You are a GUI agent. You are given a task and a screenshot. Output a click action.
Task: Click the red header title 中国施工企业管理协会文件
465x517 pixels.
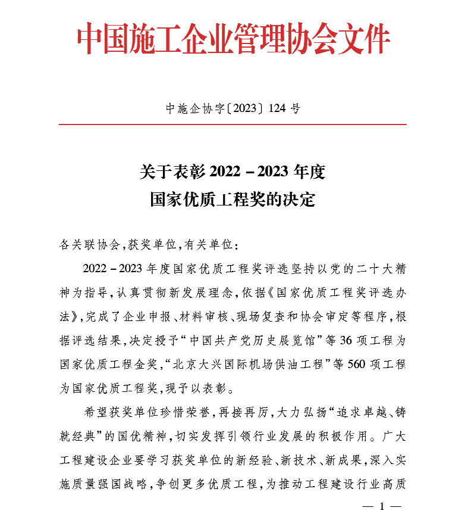233,40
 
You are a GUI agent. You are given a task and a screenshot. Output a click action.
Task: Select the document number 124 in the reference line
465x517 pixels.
278,108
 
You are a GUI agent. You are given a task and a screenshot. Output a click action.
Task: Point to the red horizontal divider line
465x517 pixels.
232,124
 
